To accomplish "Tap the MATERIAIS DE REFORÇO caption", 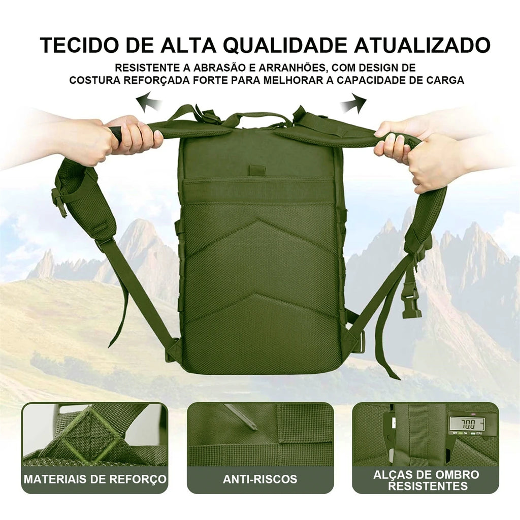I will [x=95, y=479].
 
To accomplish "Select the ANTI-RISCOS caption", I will [x=260, y=479].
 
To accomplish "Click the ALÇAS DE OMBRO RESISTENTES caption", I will [x=426, y=480].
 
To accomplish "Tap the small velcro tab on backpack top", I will [x=257, y=170].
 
